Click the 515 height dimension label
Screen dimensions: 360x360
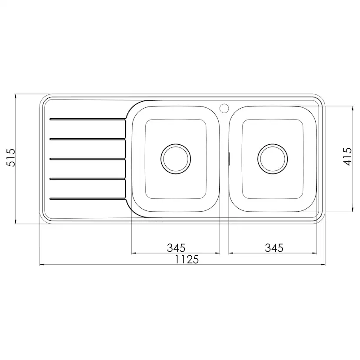(10, 157)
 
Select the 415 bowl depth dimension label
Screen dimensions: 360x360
(347, 157)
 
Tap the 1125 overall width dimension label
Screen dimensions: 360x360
(187, 260)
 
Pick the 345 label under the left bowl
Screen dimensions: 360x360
(176, 248)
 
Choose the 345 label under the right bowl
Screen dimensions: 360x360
(274, 248)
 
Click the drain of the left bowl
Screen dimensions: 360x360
(176, 159)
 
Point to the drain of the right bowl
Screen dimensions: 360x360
(273, 159)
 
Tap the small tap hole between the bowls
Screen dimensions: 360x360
(224, 108)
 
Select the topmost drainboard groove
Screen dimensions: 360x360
(88, 119)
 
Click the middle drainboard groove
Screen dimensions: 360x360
(88, 159)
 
